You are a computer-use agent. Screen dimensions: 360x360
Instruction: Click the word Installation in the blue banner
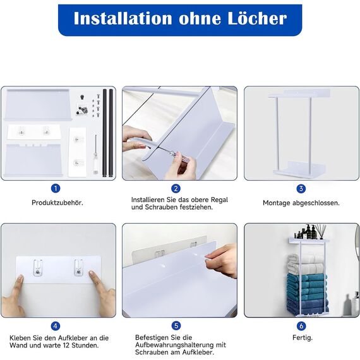pyautogui.click(x=123, y=18)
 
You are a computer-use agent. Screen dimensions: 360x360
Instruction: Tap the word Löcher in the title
pyautogui.click(x=258, y=18)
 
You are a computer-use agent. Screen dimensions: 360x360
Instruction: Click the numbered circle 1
pyautogui.click(x=56, y=188)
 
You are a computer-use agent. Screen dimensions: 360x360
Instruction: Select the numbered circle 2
pyautogui.click(x=176, y=188)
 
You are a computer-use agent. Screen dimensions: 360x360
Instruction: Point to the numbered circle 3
pyautogui.click(x=301, y=189)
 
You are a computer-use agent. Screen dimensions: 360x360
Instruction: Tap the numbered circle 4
pyautogui.click(x=56, y=326)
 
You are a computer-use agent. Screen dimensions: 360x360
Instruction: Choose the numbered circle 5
pyautogui.click(x=176, y=325)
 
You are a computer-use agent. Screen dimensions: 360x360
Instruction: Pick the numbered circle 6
pyautogui.click(x=301, y=325)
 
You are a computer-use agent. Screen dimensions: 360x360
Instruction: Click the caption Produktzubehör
pyautogui.click(x=57, y=203)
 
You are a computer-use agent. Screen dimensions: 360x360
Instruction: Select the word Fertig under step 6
pyautogui.click(x=303, y=338)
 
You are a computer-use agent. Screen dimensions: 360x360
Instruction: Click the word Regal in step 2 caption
pyautogui.click(x=219, y=200)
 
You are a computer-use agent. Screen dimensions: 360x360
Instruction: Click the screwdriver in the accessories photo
pyautogui.click(x=96, y=155)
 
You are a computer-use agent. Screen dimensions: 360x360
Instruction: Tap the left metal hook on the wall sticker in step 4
pyautogui.click(x=38, y=268)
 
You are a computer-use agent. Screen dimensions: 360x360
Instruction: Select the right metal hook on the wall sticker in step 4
pyautogui.click(x=78, y=268)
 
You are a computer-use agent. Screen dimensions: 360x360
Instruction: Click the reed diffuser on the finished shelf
pyautogui.click(x=320, y=232)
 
